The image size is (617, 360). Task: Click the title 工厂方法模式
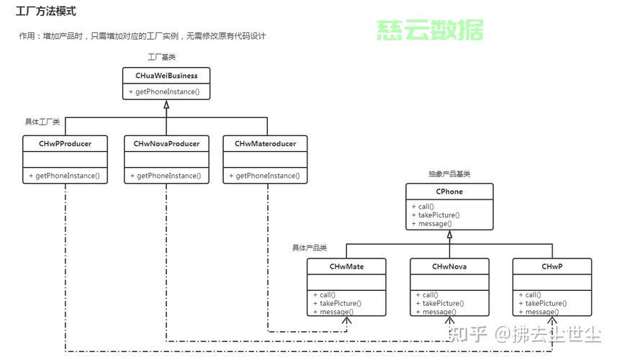46,12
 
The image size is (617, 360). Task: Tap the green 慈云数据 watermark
430,30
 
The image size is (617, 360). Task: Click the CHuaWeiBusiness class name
166,76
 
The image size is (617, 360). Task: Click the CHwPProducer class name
65,144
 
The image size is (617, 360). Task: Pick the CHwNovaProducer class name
166,144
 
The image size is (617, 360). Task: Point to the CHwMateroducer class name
266,144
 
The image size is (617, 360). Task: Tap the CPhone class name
449,192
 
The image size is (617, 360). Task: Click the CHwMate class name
346,266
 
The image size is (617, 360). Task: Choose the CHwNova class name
449,266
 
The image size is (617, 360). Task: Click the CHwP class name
552,266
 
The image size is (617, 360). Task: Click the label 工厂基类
161,57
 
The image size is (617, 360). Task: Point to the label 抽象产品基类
449,174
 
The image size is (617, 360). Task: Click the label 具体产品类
309,248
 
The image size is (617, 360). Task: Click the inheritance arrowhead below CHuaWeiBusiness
166,105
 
